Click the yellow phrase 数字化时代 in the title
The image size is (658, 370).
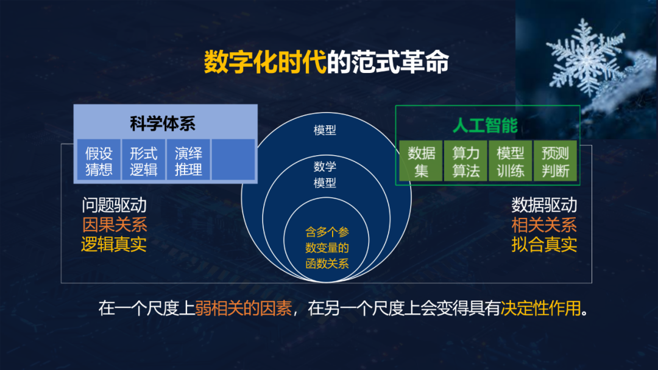click(x=265, y=62)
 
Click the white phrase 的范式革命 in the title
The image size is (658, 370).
click(x=388, y=62)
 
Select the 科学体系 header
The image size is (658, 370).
click(x=163, y=124)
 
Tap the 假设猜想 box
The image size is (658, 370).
click(x=99, y=161)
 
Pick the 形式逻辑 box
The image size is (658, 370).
click(x=144, y=161)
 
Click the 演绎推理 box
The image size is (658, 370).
click(x=188, y=161)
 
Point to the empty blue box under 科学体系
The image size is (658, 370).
click(x=233, y=160)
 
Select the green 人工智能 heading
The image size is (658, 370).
click(x=485, y=125)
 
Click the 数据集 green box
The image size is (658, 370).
click(x=422, y=162)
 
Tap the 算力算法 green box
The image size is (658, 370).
click(x=466, y=162)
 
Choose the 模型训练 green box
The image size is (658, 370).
click(x=511, y=162)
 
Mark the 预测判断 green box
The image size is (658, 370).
click(x=555, y=162)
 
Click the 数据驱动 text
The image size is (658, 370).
click(x=544, y=205)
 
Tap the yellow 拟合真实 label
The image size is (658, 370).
click(x=544, y=245)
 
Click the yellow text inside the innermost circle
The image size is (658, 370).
click(x=327, y=248)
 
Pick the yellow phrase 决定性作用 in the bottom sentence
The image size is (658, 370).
click(x=540, y=309)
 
